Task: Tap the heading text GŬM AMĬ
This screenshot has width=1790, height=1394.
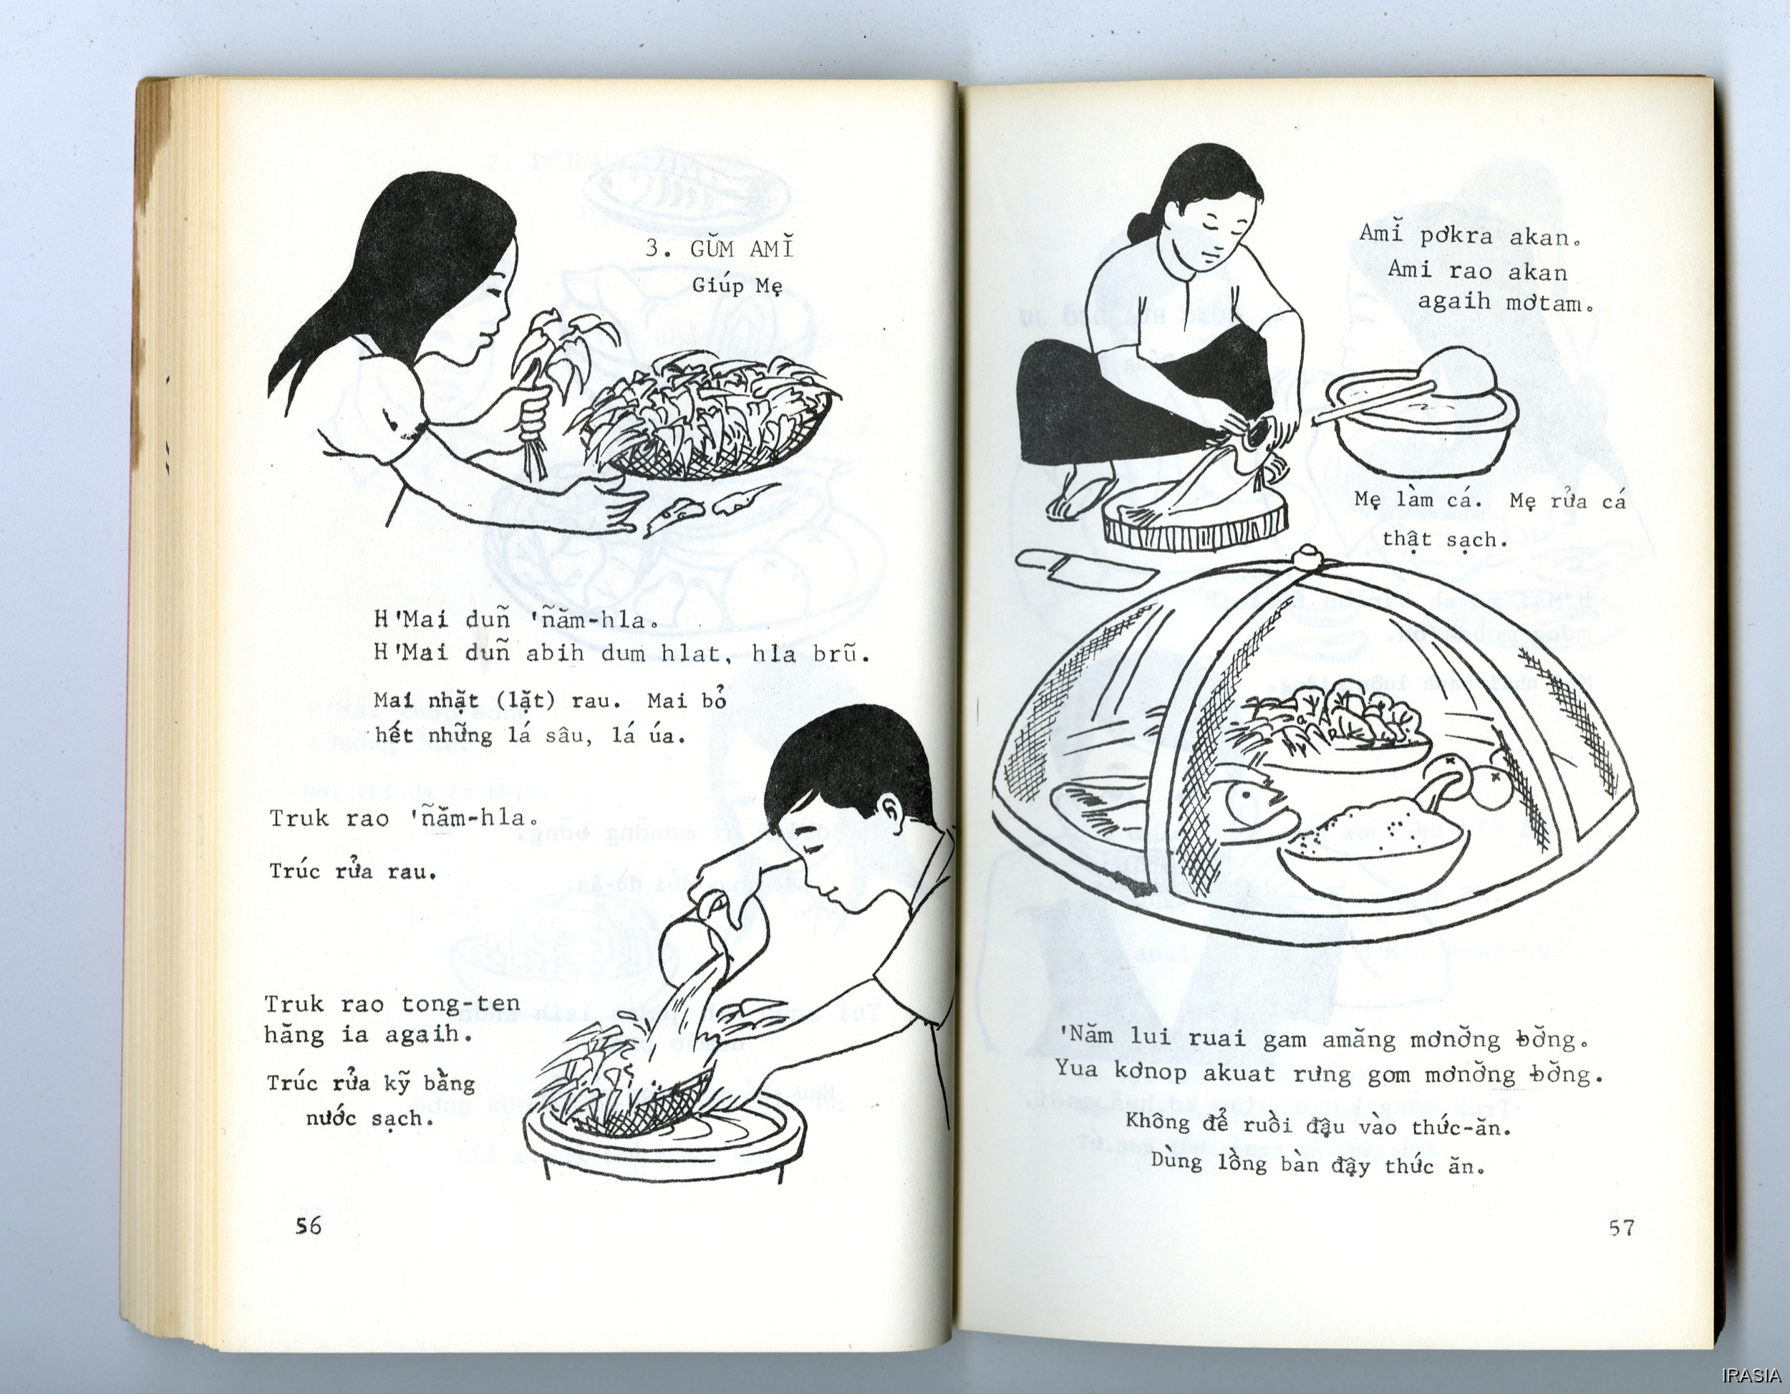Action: click(742, 249)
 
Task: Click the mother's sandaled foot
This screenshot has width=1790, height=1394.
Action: click(1080, 497)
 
